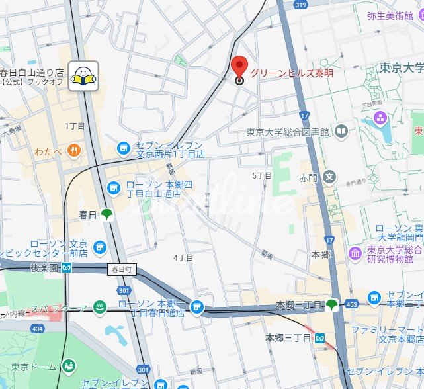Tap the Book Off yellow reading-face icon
[x=84, y=76]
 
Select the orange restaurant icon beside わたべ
[x=73, y=150]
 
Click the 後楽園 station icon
[x=67, y=268]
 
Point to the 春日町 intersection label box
[x=122, y=270]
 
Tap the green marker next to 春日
[x=106, y=214]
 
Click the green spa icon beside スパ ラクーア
[x=100, y=306]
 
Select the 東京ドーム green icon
[x=68, y=366]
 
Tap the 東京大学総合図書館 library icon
[x=341, y=131]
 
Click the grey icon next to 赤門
[x=330, y=177]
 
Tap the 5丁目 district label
[x=262, y=176]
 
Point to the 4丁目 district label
[x=183, y=257]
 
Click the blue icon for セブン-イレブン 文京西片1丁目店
[x=122, y=150]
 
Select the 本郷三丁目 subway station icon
[x=320, y=338]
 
